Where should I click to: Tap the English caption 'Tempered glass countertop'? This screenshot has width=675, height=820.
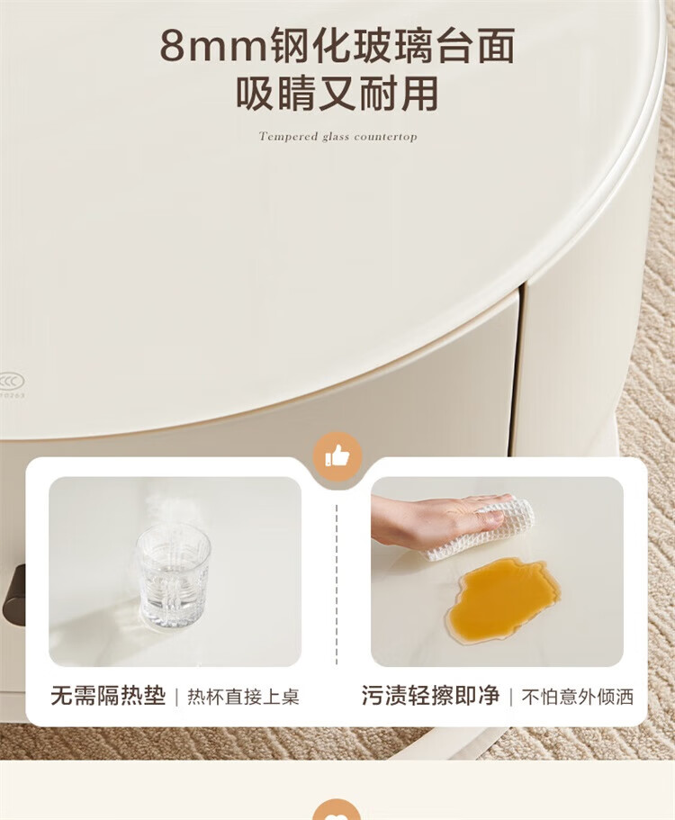[337, 137]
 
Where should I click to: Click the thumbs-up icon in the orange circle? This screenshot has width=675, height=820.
[337, 456]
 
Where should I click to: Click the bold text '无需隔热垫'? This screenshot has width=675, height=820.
[108, 696]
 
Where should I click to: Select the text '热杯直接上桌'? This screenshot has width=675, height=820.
[243, 697]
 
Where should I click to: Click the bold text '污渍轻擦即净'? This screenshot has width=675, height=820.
[430, 696]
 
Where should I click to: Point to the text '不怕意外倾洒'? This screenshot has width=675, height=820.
[577, 697]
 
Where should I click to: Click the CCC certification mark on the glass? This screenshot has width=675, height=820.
[12, 382]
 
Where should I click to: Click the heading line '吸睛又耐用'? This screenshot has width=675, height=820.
[337, 95]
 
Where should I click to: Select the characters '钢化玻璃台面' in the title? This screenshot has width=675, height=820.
[393, 46]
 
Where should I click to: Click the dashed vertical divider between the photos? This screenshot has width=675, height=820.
[337, 585]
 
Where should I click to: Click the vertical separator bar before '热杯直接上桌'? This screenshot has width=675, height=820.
[176, 697]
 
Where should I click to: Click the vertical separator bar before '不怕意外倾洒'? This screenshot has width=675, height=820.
[510, 697]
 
